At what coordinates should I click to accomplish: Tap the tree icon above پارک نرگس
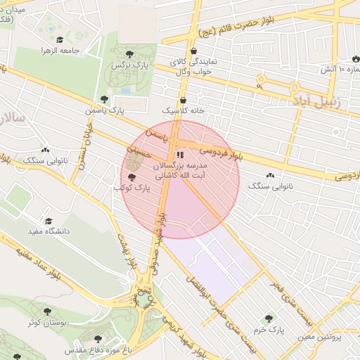(x=129, y=53)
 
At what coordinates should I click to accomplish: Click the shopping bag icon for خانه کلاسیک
(x=183, y=100)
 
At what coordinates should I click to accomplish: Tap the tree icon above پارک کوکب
(x=132, y=177)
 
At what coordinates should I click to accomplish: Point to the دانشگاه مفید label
(x=46, y=231)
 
